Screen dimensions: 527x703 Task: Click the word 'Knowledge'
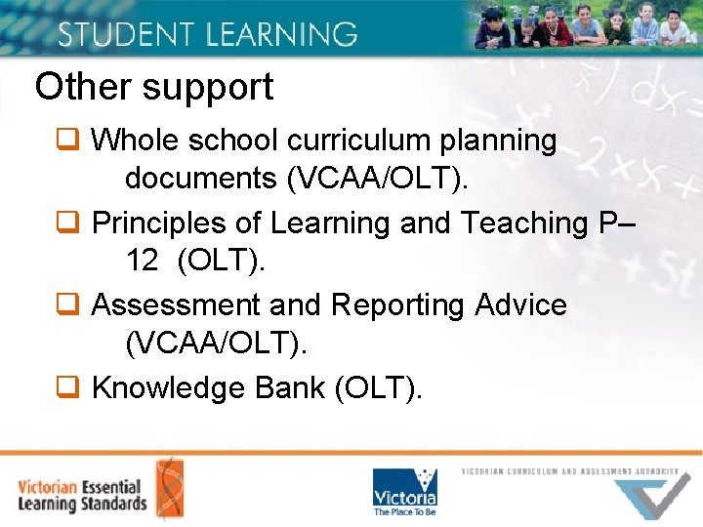tap(168, 388)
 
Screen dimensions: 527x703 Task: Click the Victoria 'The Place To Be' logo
tap(405, 492)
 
